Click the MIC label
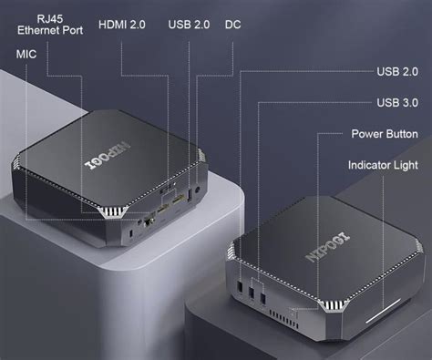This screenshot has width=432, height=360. tap(26, 54)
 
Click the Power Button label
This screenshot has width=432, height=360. tap(384, 134)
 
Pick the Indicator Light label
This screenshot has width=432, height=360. tap(383, 166)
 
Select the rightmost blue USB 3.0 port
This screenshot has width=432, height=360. tap(263, 297)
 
